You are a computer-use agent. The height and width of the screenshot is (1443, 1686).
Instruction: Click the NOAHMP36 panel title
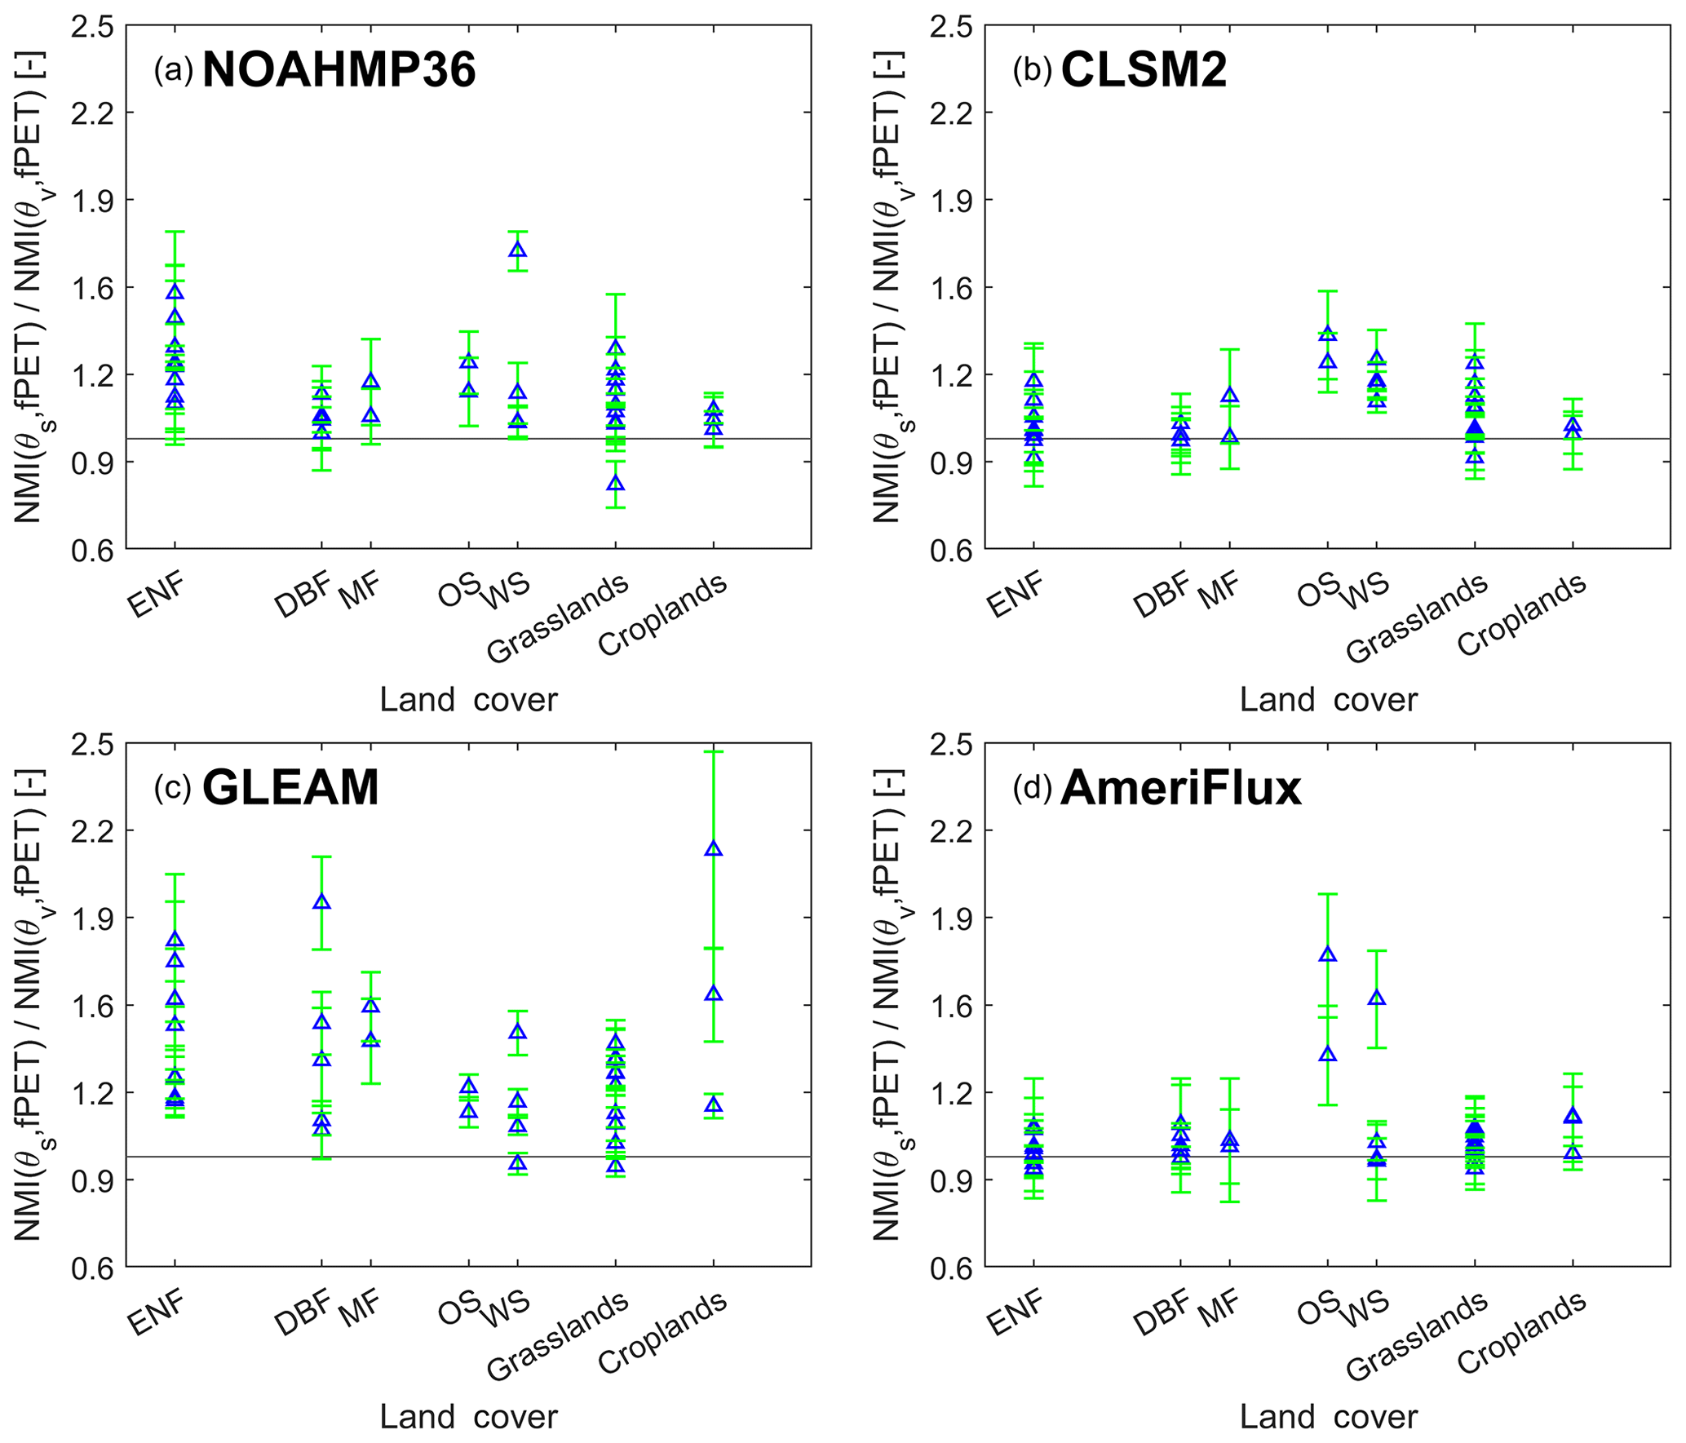click(x=339, y=70)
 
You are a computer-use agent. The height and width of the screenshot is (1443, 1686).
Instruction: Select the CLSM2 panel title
click(x=1144, y=70)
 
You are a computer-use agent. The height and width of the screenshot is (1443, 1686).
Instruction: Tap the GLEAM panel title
click(x=290, y=787)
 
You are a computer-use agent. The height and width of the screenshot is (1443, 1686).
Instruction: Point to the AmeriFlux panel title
click(x=1180, y=789)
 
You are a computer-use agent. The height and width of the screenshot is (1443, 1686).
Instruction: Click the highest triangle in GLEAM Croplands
click(x=714, y=848)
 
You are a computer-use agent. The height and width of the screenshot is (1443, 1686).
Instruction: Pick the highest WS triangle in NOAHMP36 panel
click(x=517, y=250)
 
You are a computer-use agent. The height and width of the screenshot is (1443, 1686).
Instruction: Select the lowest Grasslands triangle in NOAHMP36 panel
click(x=616, y=483)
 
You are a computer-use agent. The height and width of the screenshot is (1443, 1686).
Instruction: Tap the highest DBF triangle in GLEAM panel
click(x=322, y=901)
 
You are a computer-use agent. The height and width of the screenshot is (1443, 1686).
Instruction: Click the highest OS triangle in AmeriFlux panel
click(x=1328, y=954)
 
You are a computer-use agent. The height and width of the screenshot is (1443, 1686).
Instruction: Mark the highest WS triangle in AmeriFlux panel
click(x=1377, y=998)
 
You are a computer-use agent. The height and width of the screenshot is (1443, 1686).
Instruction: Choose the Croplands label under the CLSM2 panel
click(x=1522, y=614)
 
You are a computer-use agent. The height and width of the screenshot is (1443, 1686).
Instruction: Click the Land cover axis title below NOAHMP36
click(x=468, y=700)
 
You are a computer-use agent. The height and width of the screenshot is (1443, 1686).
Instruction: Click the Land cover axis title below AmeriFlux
click(x=1328, y=1417)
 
